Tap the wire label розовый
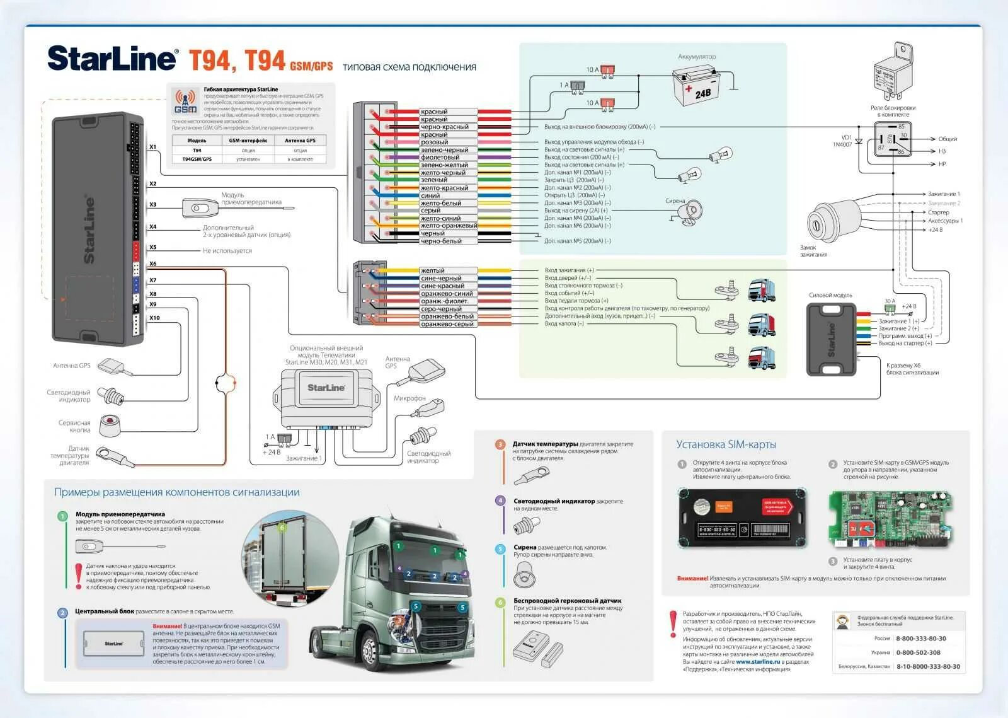pos(434,142)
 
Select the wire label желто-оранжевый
pos(449,226)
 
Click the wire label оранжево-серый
pos(447,324)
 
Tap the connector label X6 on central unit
pos(153,264)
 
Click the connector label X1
pos(153,147)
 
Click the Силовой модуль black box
pos(832,339)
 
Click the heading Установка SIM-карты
pos(726,444)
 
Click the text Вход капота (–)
pos(564,323)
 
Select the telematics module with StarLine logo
pos(326,397)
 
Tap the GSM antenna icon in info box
pos(185,101)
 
